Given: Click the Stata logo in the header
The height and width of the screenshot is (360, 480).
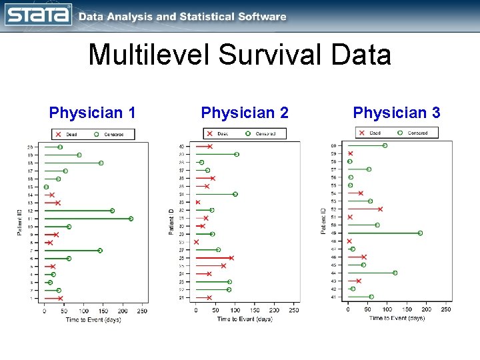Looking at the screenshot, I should point(38,14).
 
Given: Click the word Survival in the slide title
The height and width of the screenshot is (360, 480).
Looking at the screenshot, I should point(261,55).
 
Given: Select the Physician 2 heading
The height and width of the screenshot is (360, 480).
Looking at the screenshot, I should point(245,113).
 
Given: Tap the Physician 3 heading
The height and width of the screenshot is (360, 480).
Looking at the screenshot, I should point(397,113).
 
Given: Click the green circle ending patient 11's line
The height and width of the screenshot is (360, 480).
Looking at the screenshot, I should point(131,219).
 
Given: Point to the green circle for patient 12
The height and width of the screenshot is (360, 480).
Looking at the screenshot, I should point(112,211).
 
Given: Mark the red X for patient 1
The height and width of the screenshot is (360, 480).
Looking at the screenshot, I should point(60,298).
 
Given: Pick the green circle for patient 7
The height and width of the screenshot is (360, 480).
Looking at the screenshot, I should point(100,251).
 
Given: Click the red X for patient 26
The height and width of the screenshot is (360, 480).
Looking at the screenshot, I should point(231,258).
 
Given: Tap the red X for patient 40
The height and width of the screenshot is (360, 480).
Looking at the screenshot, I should point(209,147).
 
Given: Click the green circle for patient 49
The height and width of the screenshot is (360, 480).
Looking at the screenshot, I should point(420,233).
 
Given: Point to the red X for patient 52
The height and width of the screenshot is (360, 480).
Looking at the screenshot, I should point(380,209).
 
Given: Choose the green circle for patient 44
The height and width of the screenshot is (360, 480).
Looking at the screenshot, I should point(395,273).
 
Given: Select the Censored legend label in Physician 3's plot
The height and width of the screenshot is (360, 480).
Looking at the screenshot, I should point(417,133).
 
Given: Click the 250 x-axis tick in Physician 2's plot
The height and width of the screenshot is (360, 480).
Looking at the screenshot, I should point(294,310).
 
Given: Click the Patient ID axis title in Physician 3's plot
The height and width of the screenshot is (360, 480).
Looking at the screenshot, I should point(323,221).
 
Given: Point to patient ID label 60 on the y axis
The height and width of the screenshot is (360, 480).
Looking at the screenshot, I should point(333,146).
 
